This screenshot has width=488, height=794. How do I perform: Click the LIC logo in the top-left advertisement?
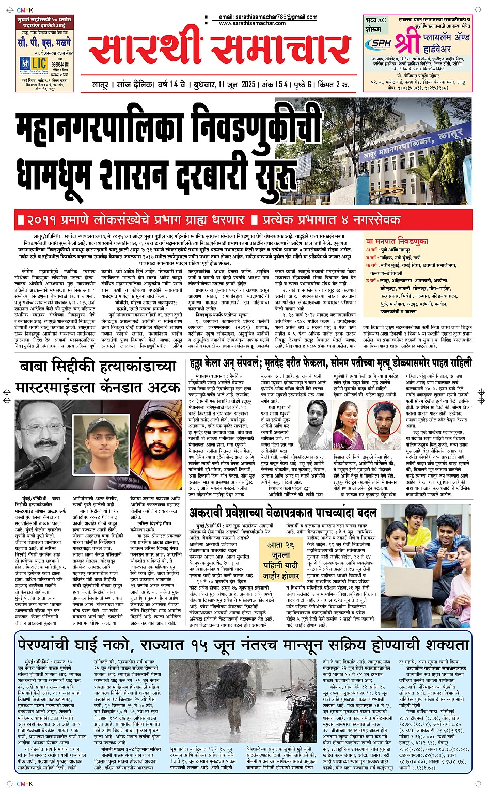[39, 62]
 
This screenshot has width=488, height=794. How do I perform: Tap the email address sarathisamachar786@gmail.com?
[268, 17]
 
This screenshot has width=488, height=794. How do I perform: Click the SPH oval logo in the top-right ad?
[381, 44]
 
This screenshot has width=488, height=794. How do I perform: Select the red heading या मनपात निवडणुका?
[397, 241]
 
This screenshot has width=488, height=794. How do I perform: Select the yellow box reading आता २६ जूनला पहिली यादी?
[280, 560]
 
